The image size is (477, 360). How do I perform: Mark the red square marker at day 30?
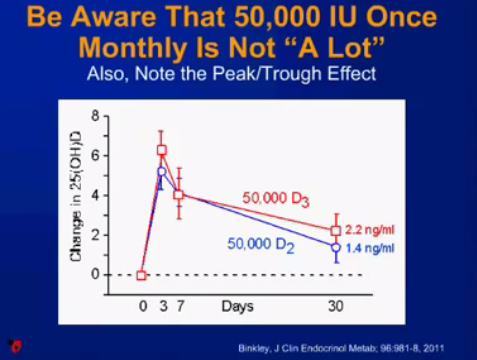click(x=336, y=230)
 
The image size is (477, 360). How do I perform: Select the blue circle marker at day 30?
click(x=336, y=247)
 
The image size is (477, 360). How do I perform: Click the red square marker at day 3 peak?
click(x=161, y=151)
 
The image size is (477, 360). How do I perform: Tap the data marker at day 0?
click(x=142, y=275)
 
